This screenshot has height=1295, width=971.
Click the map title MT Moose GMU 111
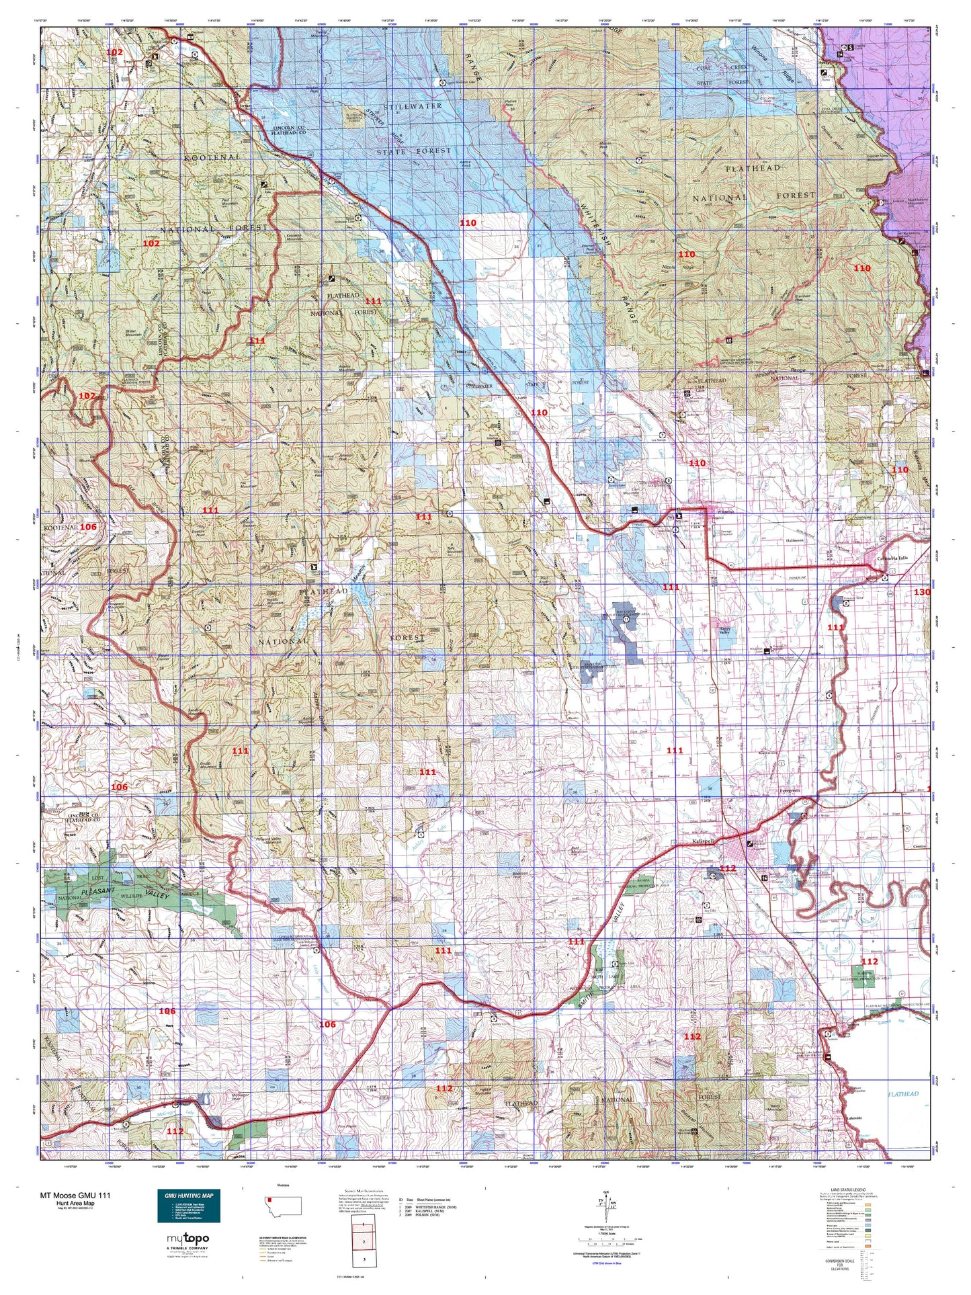(76, 1196)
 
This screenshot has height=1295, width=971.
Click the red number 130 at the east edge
(922, 592)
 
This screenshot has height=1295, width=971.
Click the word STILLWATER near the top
(412, 106)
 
